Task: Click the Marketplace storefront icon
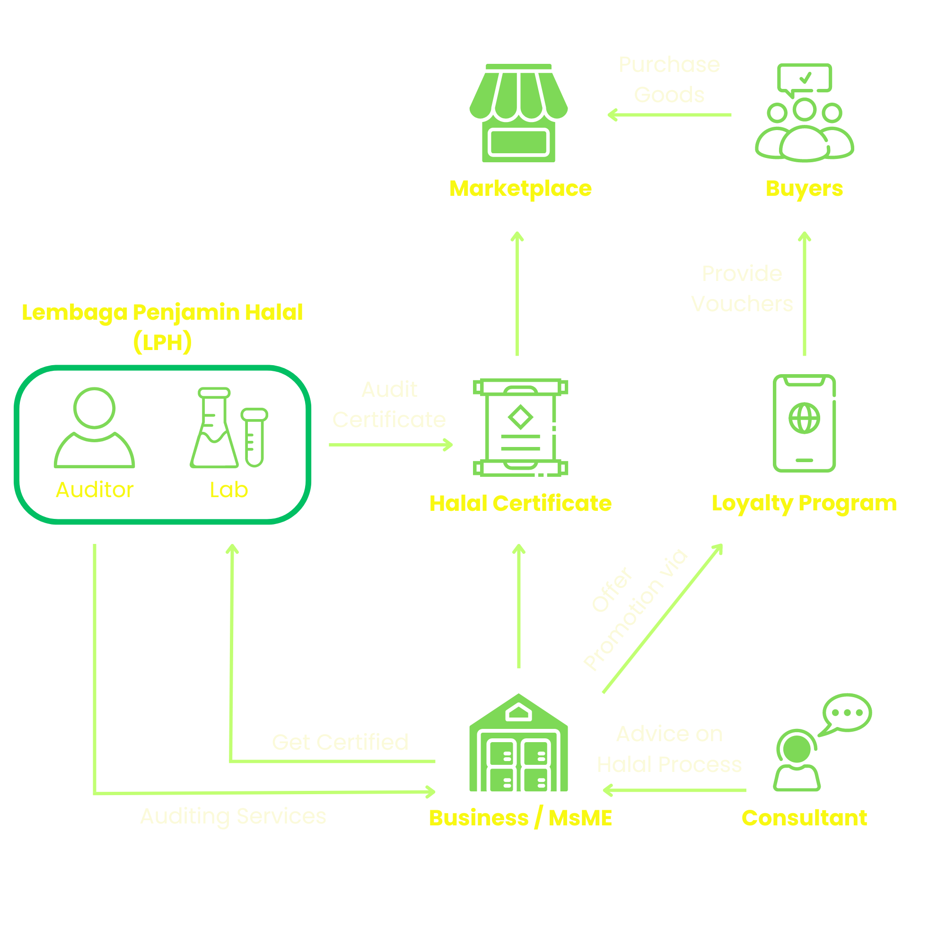coord(518,114)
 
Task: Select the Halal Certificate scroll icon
coord(520,428)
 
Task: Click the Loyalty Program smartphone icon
coord(804,423)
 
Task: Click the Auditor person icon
coord(95,428)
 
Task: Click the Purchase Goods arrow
coord(669,115)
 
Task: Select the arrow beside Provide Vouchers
coord(805,294)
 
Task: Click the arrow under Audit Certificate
coord(390,445)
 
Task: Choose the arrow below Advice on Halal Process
coord(674,790)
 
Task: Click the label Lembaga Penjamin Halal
coord(162,312)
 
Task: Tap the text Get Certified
coord(340,742)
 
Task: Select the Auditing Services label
coord(233,816)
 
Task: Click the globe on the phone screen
coord(804,418)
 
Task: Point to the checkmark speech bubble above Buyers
coord(805,79)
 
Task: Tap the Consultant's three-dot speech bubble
coord(847,712)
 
